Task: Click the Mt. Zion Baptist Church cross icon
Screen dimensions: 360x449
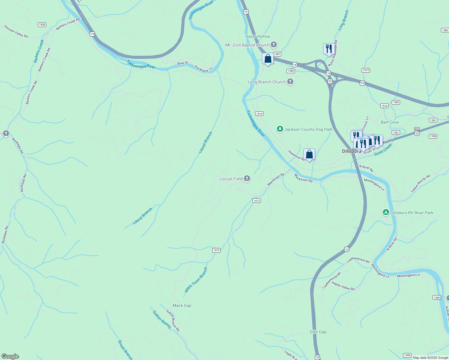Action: [273, 45]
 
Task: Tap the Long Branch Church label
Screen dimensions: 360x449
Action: [267, 82]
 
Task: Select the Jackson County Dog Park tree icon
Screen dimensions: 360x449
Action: [280, 129]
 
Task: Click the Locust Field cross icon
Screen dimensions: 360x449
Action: [247, 179]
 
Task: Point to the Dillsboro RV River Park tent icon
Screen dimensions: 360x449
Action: [386, 213]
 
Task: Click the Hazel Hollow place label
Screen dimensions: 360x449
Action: [258, 36]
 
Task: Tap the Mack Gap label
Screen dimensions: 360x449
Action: [182, 305]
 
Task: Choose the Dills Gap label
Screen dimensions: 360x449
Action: [318, 332]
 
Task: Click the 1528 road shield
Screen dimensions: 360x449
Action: [42, 25]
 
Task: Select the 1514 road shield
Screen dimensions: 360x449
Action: [259, 113]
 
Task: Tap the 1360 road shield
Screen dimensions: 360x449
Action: [436, 298]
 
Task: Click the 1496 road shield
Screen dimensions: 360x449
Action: [407, 355]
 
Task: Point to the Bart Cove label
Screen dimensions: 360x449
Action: [390, 122]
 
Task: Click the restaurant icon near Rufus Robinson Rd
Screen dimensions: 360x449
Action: [329, 49]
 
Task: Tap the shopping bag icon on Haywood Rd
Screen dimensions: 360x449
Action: [309, 154]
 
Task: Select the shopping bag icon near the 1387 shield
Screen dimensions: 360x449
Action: [268, 58]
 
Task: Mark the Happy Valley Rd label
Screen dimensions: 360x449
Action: [343, 286]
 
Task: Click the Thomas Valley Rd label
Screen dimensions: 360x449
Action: [16, 31]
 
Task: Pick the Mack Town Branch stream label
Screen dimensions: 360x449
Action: [196, 280]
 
